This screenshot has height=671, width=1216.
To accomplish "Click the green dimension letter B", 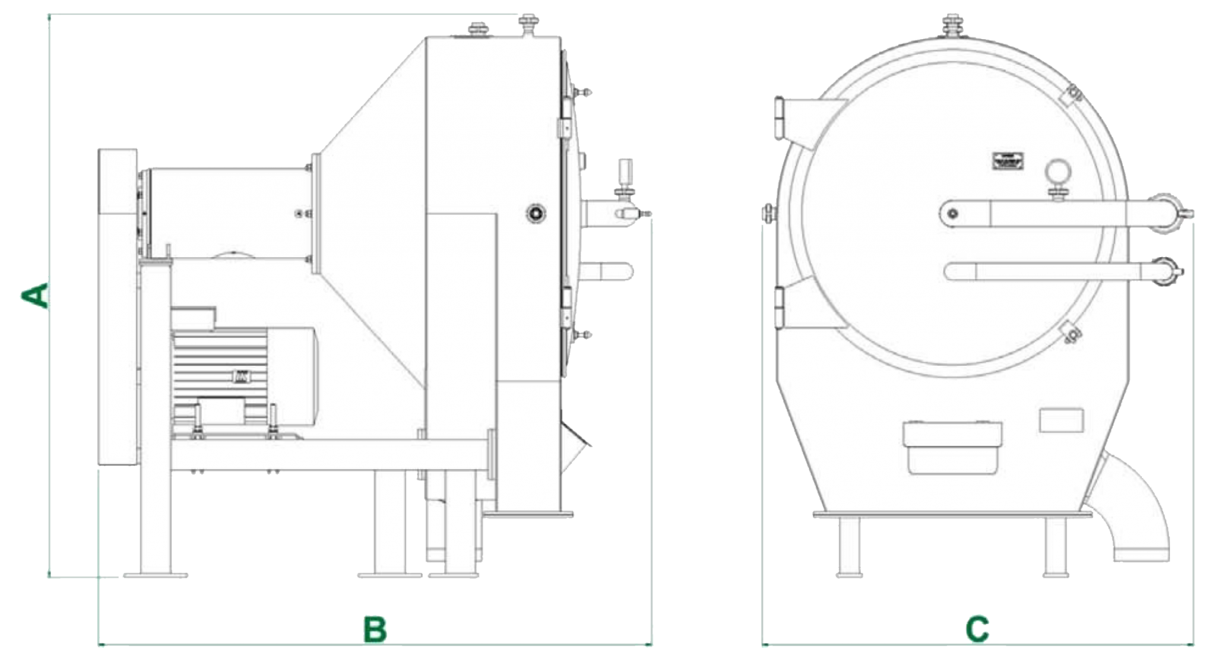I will (x=375, y=630).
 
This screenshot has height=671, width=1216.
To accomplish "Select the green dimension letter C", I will (x=977, y=630).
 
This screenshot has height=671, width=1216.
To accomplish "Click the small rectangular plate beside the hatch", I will (x=1060, y=420).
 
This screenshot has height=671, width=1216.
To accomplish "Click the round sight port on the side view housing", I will (x=536, y=213).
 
